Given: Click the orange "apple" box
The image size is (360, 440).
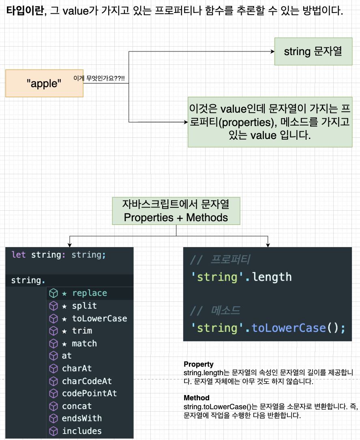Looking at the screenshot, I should point(44,83).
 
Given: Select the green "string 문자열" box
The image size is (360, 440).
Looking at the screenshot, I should point(313,51).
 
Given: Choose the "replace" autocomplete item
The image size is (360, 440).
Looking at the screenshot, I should point(89,293).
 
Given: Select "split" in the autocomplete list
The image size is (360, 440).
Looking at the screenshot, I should point(84,306).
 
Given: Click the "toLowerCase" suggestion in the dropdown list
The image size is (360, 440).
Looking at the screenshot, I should point(99,318).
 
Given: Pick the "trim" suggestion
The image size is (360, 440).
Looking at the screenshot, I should point(82,331).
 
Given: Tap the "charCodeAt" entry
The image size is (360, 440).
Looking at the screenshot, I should point(87,381).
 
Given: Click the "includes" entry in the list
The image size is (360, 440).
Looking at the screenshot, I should point(82,431).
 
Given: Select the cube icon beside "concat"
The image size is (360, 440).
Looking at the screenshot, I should point(53,406).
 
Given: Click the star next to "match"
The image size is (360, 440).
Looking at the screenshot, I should point(64,344).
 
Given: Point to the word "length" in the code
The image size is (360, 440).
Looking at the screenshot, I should point(272,277).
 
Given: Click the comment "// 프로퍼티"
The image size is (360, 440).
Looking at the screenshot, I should point(220,260).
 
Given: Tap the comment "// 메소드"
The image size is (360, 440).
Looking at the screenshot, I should point(215,311).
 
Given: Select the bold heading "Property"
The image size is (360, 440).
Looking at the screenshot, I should point(199,364).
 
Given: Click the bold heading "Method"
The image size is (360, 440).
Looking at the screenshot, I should point(197,398).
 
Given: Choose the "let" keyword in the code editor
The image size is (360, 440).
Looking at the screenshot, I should point(18,255).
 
